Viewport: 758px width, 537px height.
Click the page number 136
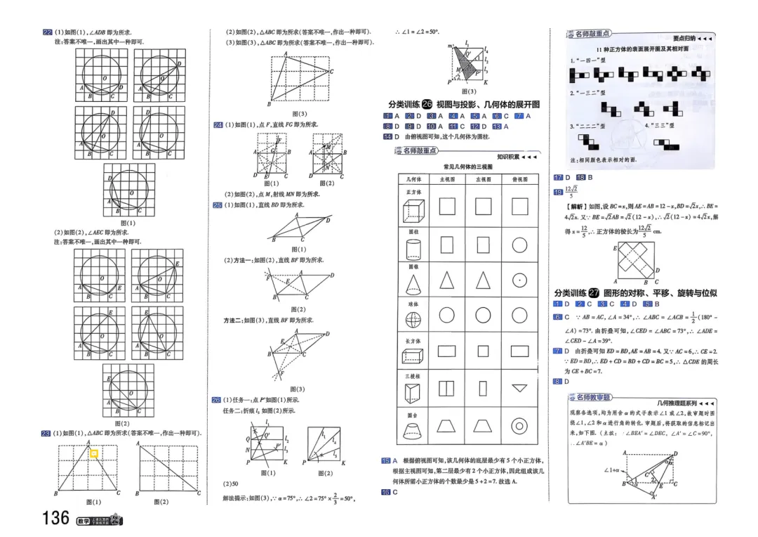[x=55, y=519]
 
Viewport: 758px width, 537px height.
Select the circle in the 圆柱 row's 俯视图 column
[x=519, y=244]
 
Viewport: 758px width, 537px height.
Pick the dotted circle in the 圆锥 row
[x=519, y=280]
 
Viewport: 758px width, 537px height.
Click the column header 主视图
[x=448, y=179]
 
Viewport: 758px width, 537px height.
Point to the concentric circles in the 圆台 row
[x=519, y=425]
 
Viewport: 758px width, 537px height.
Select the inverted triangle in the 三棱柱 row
[x=519, y=387]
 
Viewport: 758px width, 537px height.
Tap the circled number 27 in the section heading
[x=593, y=292]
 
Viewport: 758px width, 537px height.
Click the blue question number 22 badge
[x=47, y=32]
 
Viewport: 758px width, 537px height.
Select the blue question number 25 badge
[x=218, y=205]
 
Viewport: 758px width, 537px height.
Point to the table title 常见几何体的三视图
[x=468, y=167]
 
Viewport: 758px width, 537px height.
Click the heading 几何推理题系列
[x=677, y=403]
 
